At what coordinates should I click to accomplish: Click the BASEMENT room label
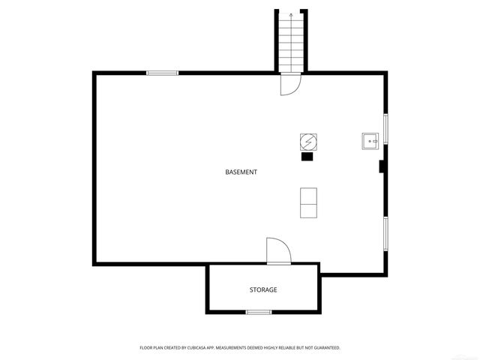tap(241, 172)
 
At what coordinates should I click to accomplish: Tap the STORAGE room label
tap(263, 289)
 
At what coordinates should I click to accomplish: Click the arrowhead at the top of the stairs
tap(291, 14)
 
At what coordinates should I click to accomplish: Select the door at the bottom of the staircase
tap(289, 84)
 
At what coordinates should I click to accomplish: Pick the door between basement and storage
tap(278, 251)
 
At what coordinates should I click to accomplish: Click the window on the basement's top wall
tap(162, 73)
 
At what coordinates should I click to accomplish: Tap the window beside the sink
tap(386, 129)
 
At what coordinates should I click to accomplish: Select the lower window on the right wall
tap(386, 233)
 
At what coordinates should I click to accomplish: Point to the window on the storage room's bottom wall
tap(259, 311)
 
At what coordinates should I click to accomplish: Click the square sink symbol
tap(370, 140)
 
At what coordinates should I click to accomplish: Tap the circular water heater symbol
tap(307, 141)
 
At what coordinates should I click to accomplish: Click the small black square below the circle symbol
tap(307, 157)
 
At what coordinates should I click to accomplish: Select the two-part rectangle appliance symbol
tap(308, 202)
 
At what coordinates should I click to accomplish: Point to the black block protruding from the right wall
tap(382, 166)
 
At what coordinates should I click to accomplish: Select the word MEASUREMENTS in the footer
tap(247, 348)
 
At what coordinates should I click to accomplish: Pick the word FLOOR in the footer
tap(146, 348)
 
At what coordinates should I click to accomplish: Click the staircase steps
tap(290, 45)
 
